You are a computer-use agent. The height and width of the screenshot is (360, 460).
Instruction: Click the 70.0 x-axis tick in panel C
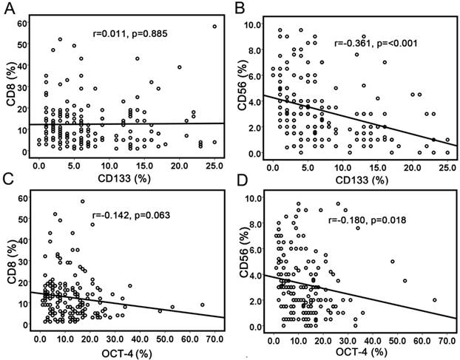click(x=215, y=339)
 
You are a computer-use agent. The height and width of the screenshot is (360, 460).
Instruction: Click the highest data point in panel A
click(x=214, y=27)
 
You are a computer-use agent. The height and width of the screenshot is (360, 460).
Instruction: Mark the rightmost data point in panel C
click(x=202, y=305)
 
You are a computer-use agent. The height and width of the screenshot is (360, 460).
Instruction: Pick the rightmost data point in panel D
click(x=435, y=300)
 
